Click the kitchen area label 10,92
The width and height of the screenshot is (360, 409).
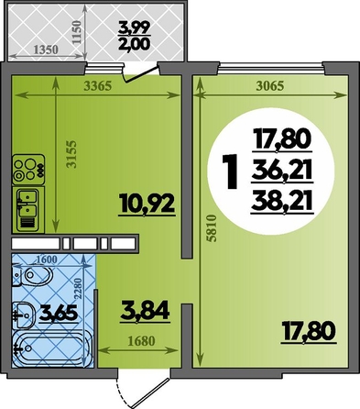click(147, 204)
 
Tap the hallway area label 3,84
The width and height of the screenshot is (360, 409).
click(145, 311)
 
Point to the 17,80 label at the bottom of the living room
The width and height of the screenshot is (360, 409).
click(308, 333)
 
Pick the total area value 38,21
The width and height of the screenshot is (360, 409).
click(282, 202)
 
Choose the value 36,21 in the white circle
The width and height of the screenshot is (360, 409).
click(282, 171)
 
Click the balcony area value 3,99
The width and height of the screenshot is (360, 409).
click(135, 29)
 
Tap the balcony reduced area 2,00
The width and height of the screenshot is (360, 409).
click(135, 44)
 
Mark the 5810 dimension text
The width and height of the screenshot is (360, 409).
click(212, 228)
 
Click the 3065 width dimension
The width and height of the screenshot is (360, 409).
click(270, 86)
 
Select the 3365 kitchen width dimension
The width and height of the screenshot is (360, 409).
click(98, 86)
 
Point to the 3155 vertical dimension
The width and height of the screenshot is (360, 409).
click(72, 154)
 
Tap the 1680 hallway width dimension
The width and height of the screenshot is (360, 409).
click(141, 340)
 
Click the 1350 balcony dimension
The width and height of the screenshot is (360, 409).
click(46, 50)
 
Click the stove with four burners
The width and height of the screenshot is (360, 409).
click(28, 170)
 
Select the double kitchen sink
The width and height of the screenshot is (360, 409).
click(28, 210)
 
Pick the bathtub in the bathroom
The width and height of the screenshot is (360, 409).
click(52, 348)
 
